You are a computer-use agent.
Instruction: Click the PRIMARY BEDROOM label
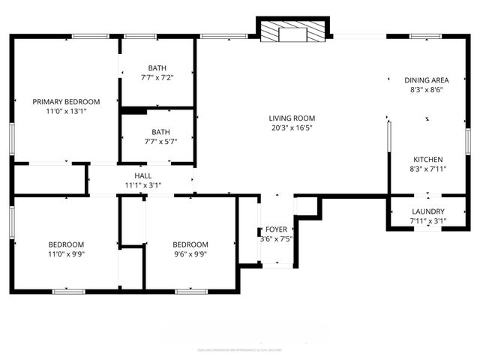pos(66,102)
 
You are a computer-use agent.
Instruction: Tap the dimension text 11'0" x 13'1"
pos(66,112)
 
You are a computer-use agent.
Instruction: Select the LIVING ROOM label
pos(292,118)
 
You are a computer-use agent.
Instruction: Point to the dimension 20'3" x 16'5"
pos(292,127)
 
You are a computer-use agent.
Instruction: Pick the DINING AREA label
pos(427,80)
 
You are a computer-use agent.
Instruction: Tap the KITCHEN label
pos(428,159)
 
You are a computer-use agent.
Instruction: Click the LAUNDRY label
pos(428,211)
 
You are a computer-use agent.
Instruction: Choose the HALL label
pos(143,175)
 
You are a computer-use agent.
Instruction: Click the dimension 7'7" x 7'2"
pos(157,77)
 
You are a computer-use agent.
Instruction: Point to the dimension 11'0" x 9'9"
pos(66,254)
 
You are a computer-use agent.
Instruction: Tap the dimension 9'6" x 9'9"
pos(190,254)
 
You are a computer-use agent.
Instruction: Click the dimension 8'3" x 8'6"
pos(427,90)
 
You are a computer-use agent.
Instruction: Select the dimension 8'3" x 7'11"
pos(428,169)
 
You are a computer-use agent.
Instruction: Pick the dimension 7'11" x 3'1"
pos(428,221)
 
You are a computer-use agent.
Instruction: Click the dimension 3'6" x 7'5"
pos(275,239)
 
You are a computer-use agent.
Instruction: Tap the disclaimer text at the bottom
pos(240,349)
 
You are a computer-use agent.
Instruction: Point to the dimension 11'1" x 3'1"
pos(143,185)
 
